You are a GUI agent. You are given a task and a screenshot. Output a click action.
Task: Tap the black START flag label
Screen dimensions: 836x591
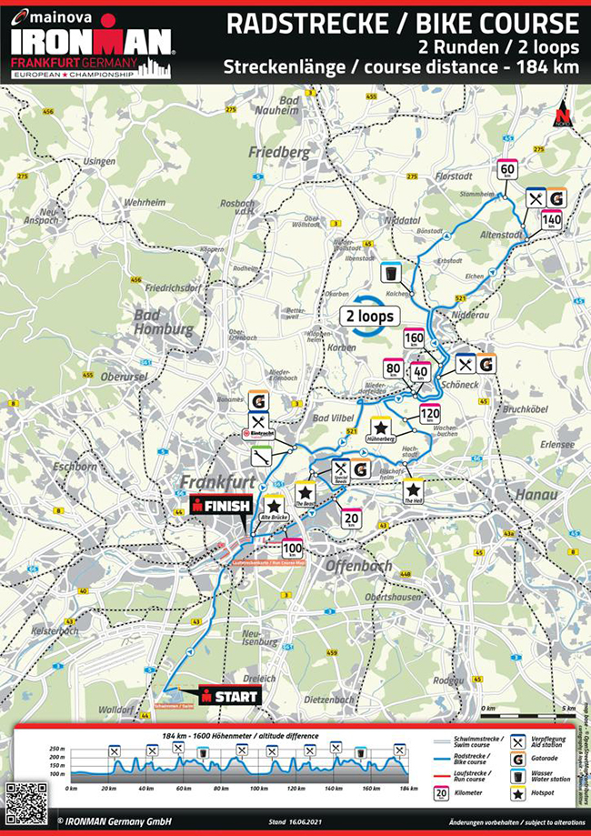tap(230, 696)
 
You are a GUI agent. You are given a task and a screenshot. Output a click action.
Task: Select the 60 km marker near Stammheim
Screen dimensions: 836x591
tap(507, 170)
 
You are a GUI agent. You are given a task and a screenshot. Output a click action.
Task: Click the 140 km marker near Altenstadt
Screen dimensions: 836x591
tap(551, 219)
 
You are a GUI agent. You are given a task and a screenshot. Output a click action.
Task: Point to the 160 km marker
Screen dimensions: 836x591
tap(414, 339)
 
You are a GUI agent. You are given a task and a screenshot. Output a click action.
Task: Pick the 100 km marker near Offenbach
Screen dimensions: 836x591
tap(292, 548)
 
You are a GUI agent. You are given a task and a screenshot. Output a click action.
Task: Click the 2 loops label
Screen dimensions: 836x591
tap(369, 316)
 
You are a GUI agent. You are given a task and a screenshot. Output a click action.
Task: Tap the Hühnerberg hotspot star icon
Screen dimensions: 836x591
tap(382, 428)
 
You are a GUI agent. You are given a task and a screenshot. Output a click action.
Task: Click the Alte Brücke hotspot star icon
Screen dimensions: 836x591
tap(274, 508)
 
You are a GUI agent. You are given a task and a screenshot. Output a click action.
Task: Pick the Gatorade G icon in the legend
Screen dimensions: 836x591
tap(517, 757)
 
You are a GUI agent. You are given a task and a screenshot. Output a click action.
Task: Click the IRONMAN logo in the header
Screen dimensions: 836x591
tap(90, 41)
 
